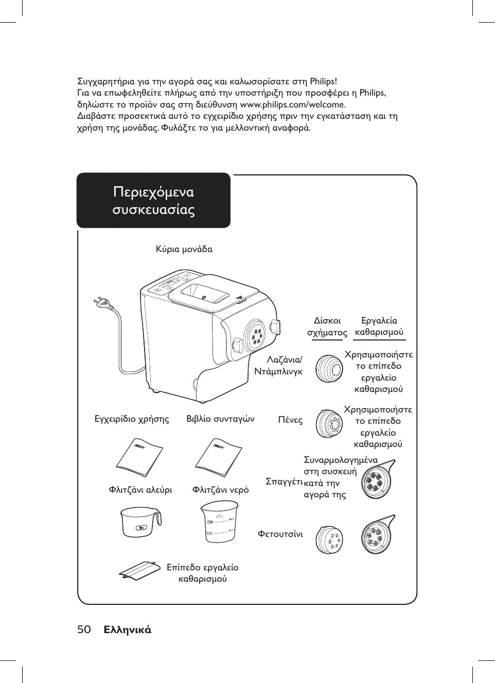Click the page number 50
[x=84, y=630]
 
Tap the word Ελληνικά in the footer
[x=127, y=630]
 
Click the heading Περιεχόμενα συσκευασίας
[x=153, y=201]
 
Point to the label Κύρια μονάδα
[x=184, y=249]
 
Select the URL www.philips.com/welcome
[x=293, y=104]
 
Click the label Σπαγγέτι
[x=284, y=481]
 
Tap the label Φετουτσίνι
[x=280, y=534]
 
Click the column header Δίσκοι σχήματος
[x=327, y=327]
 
